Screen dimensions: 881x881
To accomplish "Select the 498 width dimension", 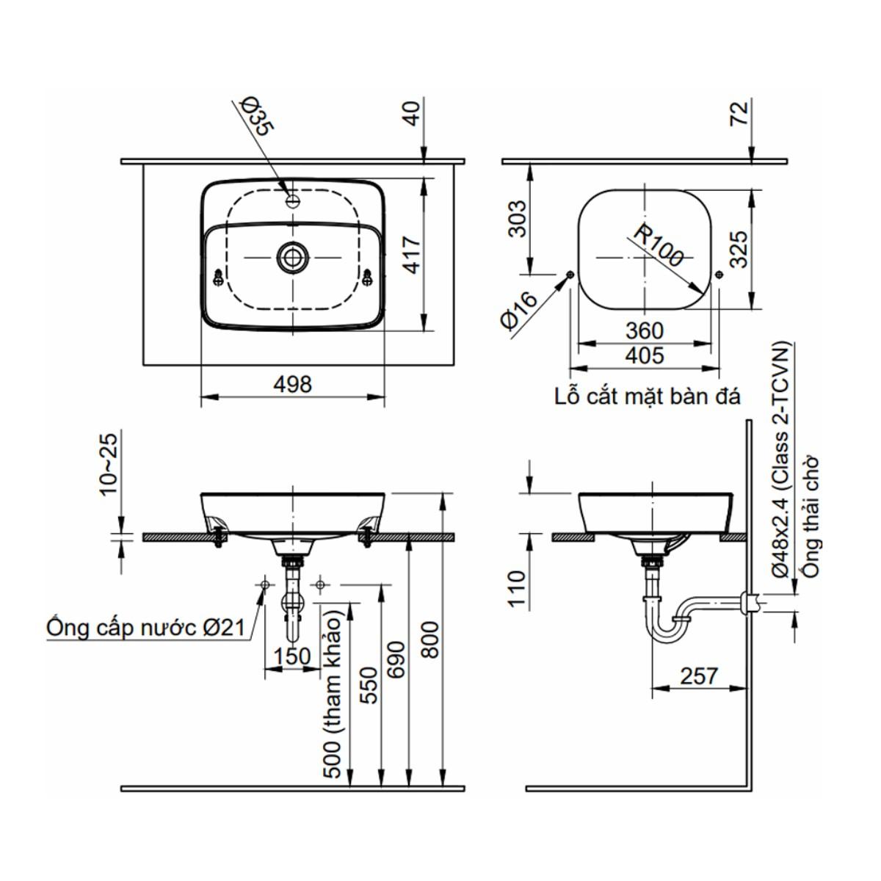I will (292, 384).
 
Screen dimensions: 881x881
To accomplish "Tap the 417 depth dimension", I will (412, 255).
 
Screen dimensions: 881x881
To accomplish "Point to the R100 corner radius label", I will (659, 246).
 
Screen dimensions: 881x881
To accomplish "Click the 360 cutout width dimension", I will (644, 331).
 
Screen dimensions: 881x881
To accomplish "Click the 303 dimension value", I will (518, 218).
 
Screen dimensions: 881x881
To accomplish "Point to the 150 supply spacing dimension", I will (291, 656).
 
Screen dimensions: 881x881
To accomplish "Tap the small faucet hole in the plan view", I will (293, 199).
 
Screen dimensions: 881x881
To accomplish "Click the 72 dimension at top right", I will (739, 113).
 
